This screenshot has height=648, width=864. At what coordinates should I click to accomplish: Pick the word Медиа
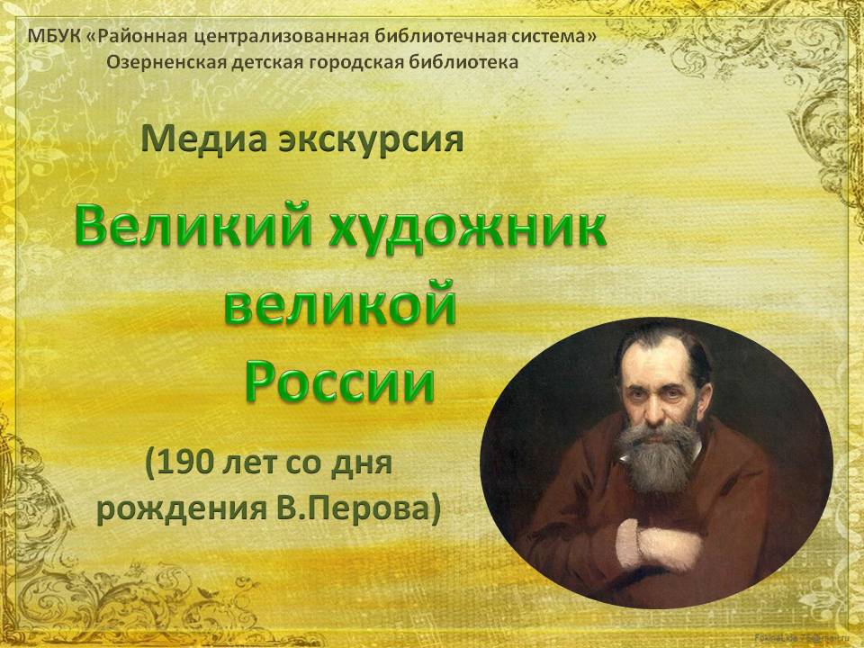[x=203, y=140]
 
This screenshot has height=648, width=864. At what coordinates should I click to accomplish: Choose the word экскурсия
[x=371, y=141]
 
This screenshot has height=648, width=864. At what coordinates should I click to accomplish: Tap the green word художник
[x=468, y=227]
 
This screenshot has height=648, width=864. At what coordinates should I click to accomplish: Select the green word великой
[x=340, y=302]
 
